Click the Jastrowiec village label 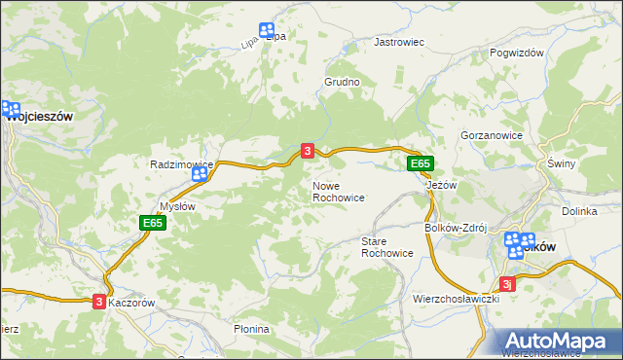(x=400, y=43)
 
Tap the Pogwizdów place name (x=516, y=54)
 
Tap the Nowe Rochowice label (x=338, y=191)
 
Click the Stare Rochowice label (x=387, y=246)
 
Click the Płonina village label (x=251, y=329)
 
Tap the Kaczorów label (x=132, y=303)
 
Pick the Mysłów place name (x=177, y=206)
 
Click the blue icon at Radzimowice (x=201, y=174)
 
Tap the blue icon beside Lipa (x=267, y=31)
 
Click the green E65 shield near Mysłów (x=152, y=223)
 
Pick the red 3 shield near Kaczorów (x=99, y=302)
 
